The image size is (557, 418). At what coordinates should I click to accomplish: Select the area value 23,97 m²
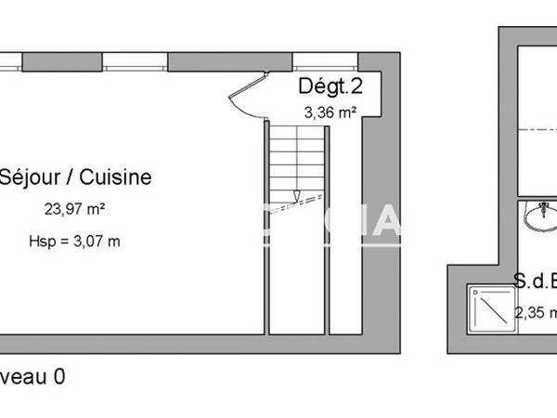74,210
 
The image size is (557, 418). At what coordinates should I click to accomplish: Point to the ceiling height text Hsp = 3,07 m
75,242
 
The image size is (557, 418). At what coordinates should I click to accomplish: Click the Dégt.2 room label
330,87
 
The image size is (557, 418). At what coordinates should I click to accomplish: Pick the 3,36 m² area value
330,113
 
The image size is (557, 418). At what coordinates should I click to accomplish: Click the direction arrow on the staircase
295,196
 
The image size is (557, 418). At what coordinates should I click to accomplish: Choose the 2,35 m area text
536,313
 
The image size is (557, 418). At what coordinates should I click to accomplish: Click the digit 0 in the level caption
58,377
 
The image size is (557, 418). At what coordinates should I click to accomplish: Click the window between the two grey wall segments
135,62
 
